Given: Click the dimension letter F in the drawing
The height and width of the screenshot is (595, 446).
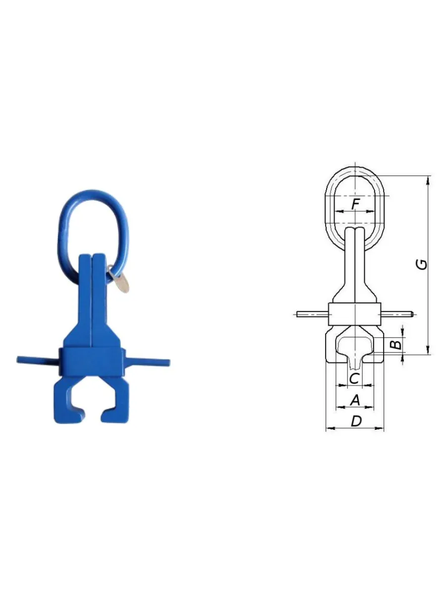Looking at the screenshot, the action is click(x=355, y=204).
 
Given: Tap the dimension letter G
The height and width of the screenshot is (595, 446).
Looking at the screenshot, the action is click(x=422, y=264).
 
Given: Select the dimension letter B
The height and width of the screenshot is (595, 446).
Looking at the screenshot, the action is click(x=396, y=345).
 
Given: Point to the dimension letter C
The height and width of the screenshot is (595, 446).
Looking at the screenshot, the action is click(x=354, y=378).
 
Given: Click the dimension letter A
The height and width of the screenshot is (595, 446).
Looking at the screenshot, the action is click(x=355, y=400).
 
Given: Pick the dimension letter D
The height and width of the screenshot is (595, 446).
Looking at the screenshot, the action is click(x=356, y=421).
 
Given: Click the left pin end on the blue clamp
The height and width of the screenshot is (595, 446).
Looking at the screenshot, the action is click(x=19, y=359).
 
